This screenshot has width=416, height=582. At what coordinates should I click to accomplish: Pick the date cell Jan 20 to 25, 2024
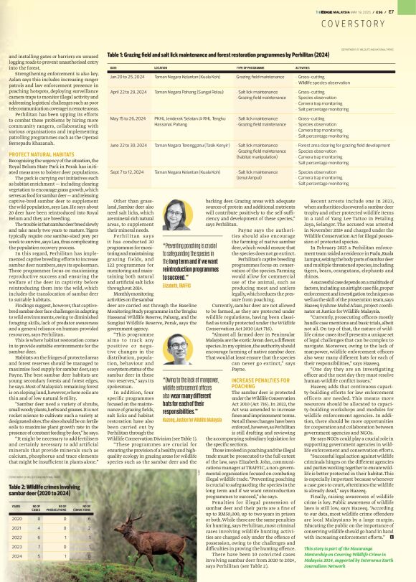[x=124, y=75]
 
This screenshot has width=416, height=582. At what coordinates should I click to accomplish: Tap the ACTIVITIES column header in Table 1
[x=307, y=67]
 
